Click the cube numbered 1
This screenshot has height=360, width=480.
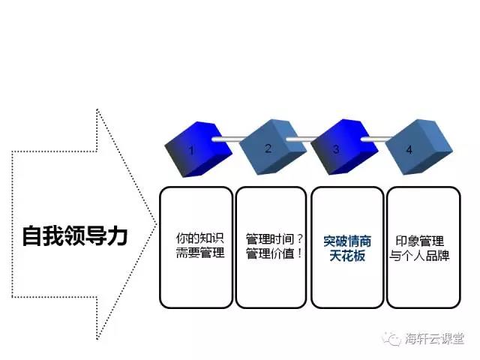198,149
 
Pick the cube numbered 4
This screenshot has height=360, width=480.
418,147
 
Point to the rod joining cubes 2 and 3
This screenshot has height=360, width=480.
302,139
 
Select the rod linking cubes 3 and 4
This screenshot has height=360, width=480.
376,139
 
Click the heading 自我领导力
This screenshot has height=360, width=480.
75,235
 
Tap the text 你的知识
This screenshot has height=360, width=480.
200,238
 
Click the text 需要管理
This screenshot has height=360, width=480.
200,253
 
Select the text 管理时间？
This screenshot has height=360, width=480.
274,238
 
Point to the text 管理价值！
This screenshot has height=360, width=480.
274,253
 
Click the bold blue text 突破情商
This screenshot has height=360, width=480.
347,241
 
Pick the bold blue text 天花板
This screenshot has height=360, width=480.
347,256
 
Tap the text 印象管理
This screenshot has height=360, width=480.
420,241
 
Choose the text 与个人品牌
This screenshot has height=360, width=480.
419,256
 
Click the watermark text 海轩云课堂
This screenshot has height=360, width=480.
435,338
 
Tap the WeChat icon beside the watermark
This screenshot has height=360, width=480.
391,339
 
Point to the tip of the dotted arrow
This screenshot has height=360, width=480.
157,225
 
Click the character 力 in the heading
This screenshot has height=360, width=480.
117,235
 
